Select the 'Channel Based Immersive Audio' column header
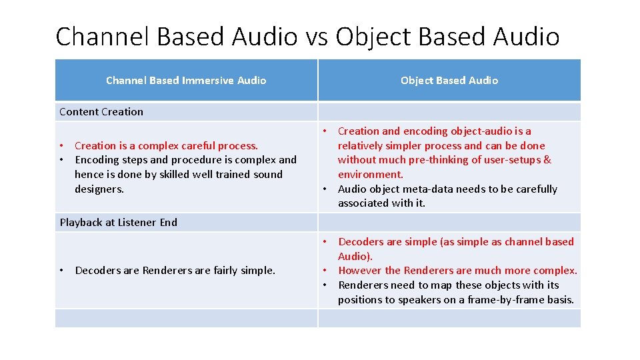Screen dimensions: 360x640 [x=186, y=81]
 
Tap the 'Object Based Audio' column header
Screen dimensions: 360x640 [x=449, y=81]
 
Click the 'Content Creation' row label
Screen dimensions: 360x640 [x=101, y=112]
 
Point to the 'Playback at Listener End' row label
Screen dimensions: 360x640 [x=119, y=223]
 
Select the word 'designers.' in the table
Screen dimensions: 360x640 [x=99, y=189]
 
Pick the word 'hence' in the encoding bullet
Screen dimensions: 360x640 [x=89, y=175]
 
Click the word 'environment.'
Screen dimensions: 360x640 [x=370, y=175]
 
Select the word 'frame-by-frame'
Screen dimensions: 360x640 [x=503, y=300]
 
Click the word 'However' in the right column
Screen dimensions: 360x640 [x=360, y=271]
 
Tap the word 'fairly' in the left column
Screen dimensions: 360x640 [x=211, y=271]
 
